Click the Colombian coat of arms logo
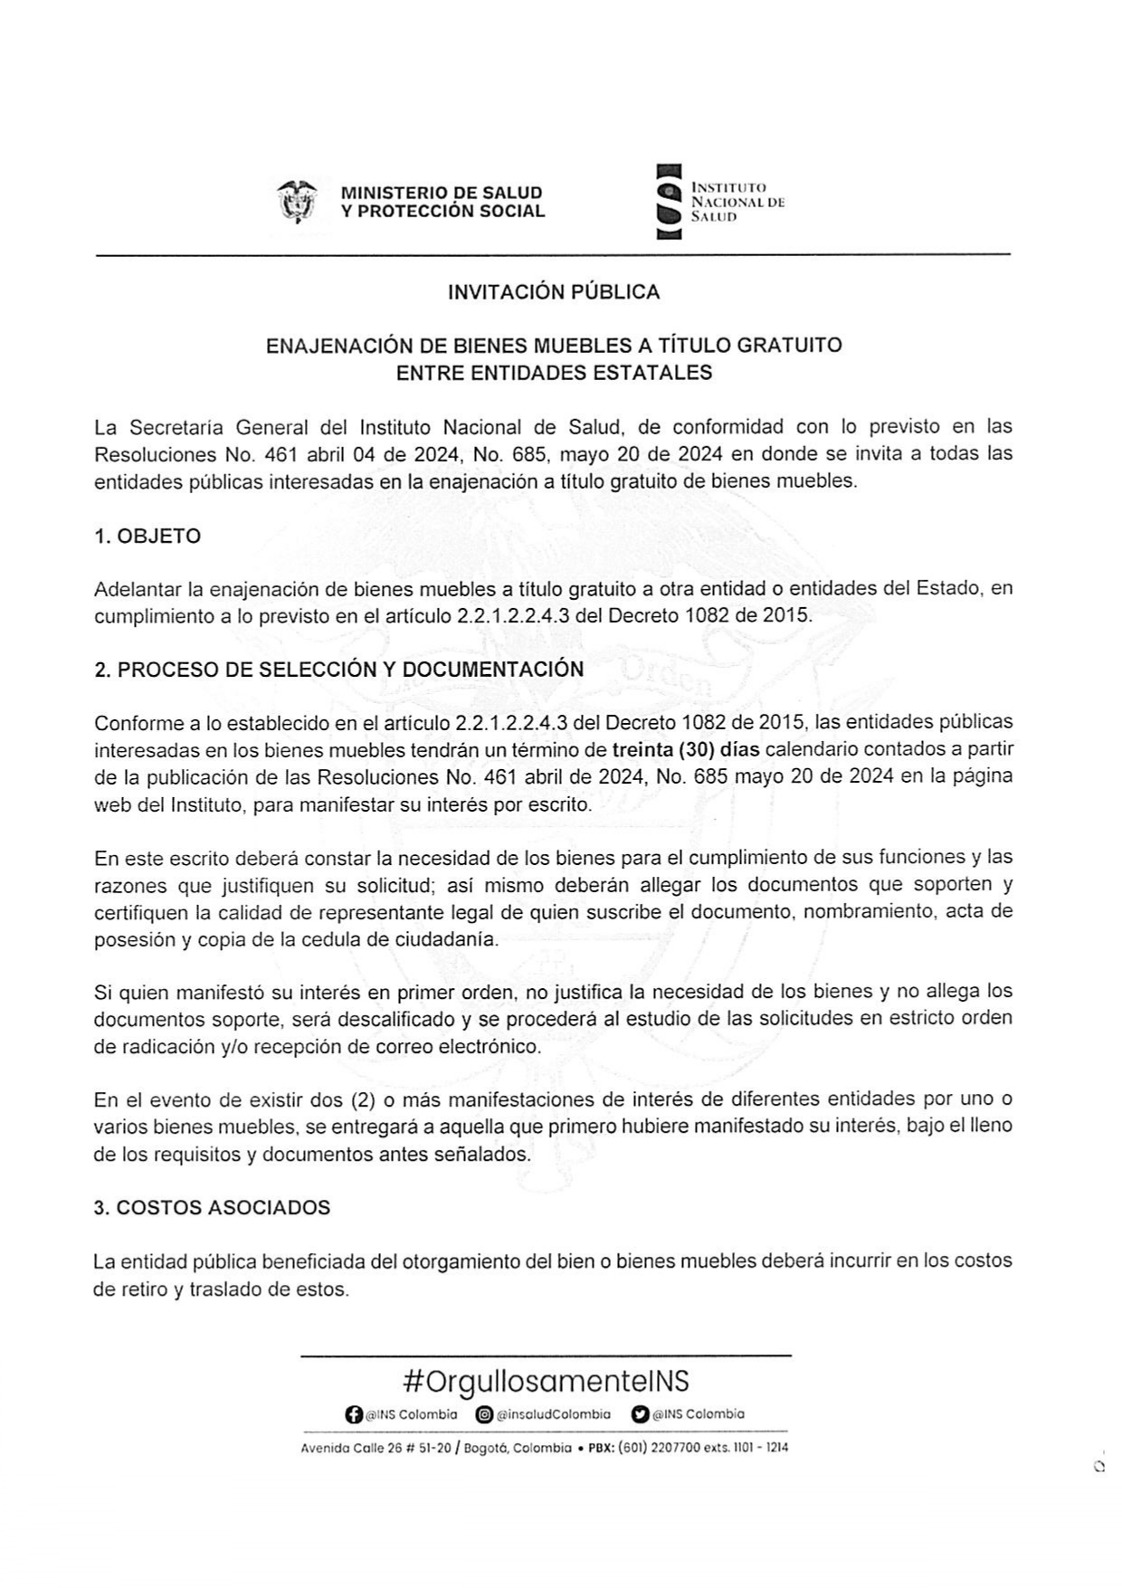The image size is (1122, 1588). [x=298, y=201]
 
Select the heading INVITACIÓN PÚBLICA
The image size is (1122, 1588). [x=554, y=292]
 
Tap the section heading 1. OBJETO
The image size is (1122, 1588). [x=147, y=536]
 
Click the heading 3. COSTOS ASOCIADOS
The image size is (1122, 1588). [x=212, y=1208]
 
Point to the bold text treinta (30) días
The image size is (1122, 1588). [x=686, y=749]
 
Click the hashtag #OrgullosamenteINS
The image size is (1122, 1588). [x=546, y=1381]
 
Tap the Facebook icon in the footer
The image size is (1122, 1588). [x=354, y=1414]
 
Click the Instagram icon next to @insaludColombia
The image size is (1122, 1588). [x=484, y=1414]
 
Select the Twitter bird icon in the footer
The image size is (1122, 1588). [x=641, y=1414]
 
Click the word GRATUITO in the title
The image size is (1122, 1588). [x=790, y=345]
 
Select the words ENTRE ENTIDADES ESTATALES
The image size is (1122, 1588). [x=554, y=373]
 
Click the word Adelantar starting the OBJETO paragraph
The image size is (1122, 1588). [x=138, y=589]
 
